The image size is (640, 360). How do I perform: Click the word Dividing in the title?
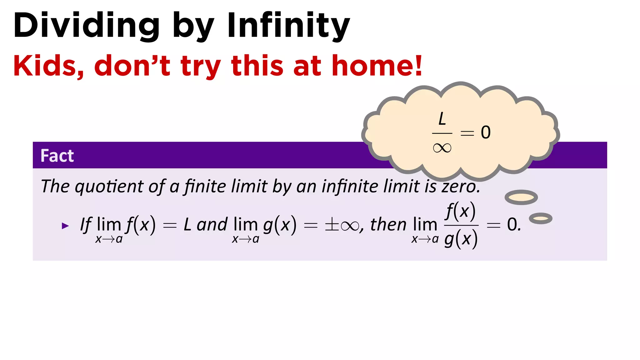tap(86, 26)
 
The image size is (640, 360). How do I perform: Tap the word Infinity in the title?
tap(288, 26)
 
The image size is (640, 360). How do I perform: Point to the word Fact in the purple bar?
tap(57, 156)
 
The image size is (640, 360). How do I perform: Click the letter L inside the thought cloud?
tap(442, 119)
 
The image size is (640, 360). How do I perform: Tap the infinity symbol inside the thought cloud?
tap(442, 147)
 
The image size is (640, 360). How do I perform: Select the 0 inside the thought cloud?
tap(486, 132)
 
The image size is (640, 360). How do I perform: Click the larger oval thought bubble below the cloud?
tap(521, 197)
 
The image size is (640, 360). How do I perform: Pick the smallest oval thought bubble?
tap(541, 218)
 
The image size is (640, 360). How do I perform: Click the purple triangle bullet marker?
tap(65, 226)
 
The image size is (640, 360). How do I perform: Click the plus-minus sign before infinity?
tap(332, 225)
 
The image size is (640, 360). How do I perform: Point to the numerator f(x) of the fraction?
tap(461, 211)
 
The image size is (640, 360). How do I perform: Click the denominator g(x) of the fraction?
tap(461, 239)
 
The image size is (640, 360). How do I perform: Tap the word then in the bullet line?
tap(388, 224)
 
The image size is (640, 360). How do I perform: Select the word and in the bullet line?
tap(212, 224)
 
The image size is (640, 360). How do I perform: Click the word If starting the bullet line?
tap(86, 224)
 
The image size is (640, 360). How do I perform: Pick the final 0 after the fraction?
tap(512, 224)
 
